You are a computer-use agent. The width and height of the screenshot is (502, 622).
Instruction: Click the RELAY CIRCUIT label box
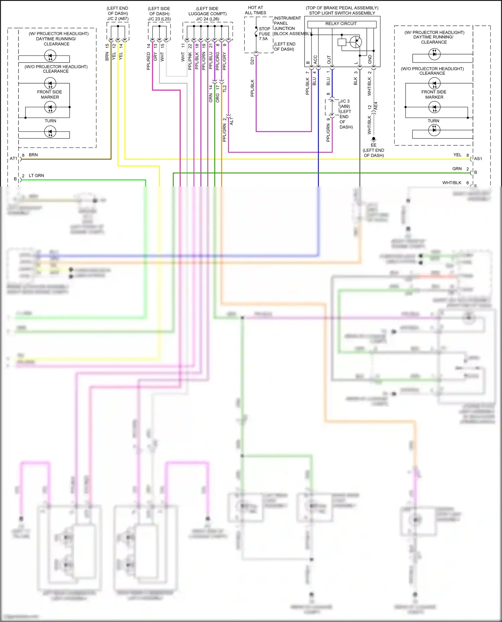click(x=341, y=24)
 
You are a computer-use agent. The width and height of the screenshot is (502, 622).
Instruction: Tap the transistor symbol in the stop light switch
click(x=356, y=42)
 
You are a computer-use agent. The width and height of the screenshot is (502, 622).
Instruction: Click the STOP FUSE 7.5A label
click(x=264, y=34)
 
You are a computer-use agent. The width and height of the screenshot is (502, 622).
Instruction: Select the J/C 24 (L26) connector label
click(x=207, y=19)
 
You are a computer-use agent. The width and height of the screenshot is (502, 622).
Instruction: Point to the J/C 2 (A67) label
click(x=118, y=19)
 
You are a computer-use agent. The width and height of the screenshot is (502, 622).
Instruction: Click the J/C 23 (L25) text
click(x=159, y=19)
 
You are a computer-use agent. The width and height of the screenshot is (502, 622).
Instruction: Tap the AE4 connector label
click(x=375, y=106)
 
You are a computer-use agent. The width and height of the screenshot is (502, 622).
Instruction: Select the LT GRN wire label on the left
click(x=36, y=175)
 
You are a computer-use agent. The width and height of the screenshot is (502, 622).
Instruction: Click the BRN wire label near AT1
click(x=33, y=155)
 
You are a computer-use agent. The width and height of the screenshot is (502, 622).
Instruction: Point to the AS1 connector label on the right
click(x=478, y=159)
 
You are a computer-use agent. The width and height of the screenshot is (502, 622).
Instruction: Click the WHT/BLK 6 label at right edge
click(x=455, y=183)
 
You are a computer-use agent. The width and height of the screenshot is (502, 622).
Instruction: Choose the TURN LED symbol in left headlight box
click(x=50, y=132)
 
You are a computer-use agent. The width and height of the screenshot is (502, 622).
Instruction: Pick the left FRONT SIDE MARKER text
click(x=50, y=95)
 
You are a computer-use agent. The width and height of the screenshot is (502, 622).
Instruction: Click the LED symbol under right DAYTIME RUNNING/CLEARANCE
click(x=434, y=54)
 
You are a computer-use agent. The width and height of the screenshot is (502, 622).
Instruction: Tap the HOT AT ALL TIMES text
click(x=255, y=10)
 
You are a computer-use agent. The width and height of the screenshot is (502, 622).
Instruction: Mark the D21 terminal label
click(x=252, y=60)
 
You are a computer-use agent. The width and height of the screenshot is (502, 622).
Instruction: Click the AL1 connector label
click(x=232, y=121)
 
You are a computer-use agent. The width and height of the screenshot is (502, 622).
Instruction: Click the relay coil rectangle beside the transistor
click(x=342, y=42)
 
